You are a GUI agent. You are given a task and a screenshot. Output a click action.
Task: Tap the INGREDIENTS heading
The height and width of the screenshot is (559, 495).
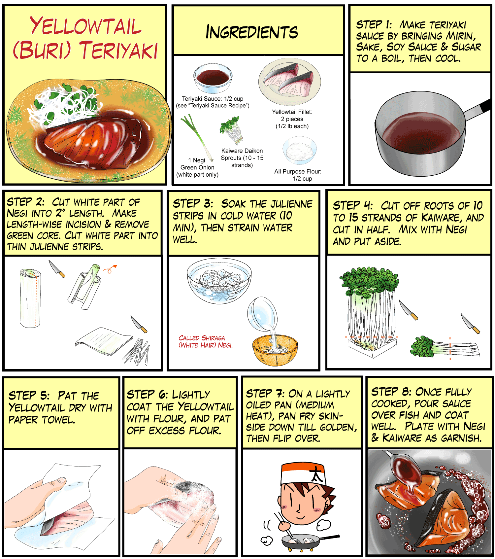251,32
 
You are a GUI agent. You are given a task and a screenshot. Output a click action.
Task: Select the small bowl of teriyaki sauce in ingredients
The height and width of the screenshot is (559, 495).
213,78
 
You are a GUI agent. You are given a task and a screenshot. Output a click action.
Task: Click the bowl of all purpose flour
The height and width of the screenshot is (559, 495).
300,150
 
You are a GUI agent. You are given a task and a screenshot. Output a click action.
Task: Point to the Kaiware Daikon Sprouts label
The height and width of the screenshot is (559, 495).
242,158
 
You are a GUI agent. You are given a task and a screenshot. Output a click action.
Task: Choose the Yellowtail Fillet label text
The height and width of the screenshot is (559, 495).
292,119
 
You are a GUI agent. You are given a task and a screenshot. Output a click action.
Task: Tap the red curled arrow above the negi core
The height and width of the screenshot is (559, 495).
110,269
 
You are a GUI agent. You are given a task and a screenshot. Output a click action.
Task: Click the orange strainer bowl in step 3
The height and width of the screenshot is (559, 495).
275,351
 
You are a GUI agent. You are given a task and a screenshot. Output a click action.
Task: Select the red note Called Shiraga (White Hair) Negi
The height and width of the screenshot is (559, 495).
206,341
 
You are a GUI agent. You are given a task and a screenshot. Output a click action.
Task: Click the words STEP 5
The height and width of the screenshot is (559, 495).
29,395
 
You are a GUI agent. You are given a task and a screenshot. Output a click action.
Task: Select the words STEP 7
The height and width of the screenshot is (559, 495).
265,394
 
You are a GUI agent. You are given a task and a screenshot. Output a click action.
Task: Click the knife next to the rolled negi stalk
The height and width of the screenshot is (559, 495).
57,269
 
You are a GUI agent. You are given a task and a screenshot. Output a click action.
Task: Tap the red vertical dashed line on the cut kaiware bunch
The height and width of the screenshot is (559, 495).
450,348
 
